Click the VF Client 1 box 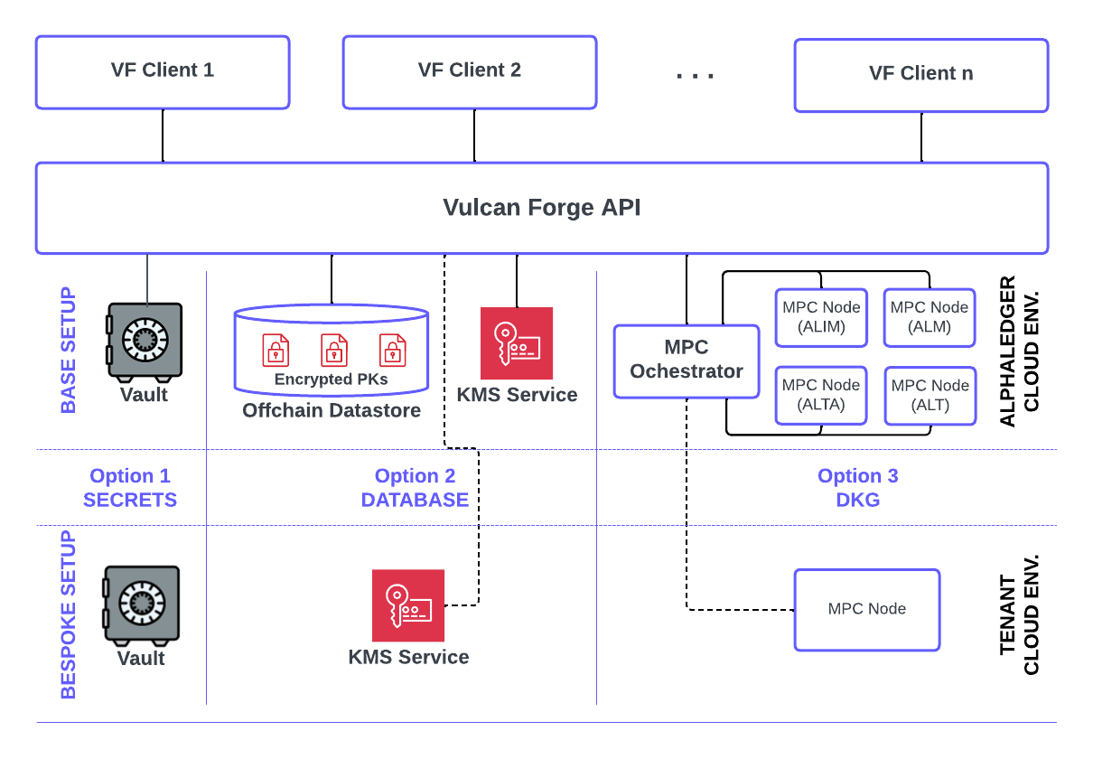tap(163, 72)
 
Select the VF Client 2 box tap(470, 72)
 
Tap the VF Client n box tap(921, 74)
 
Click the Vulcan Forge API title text tap(542, 208)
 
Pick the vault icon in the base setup tap(144, 341)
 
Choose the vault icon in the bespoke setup tap(141, 604)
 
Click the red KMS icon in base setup tap(517, 343)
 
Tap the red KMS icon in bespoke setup tap(408, 605)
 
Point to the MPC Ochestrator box tap(687, 361)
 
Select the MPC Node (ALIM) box tap(821, 317)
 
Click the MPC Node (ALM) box tap(930, 317)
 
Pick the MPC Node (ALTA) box tap(821, 395)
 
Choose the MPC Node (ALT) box tap(930, 395)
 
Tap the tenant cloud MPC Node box tap(867, 609)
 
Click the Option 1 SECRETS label tap(130, 488)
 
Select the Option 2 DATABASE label tap(415, 488)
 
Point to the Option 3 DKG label tap(858, 488)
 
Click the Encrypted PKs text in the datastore tap(332, 379)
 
